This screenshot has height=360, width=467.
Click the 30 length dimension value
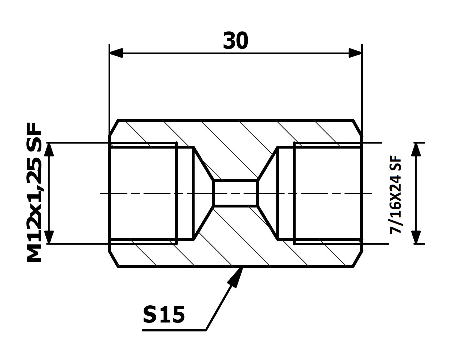(235, 41)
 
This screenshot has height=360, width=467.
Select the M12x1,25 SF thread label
(34, 192)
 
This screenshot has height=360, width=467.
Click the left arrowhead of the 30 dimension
(116, 53)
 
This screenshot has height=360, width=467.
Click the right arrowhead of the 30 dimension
(355, 53)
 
